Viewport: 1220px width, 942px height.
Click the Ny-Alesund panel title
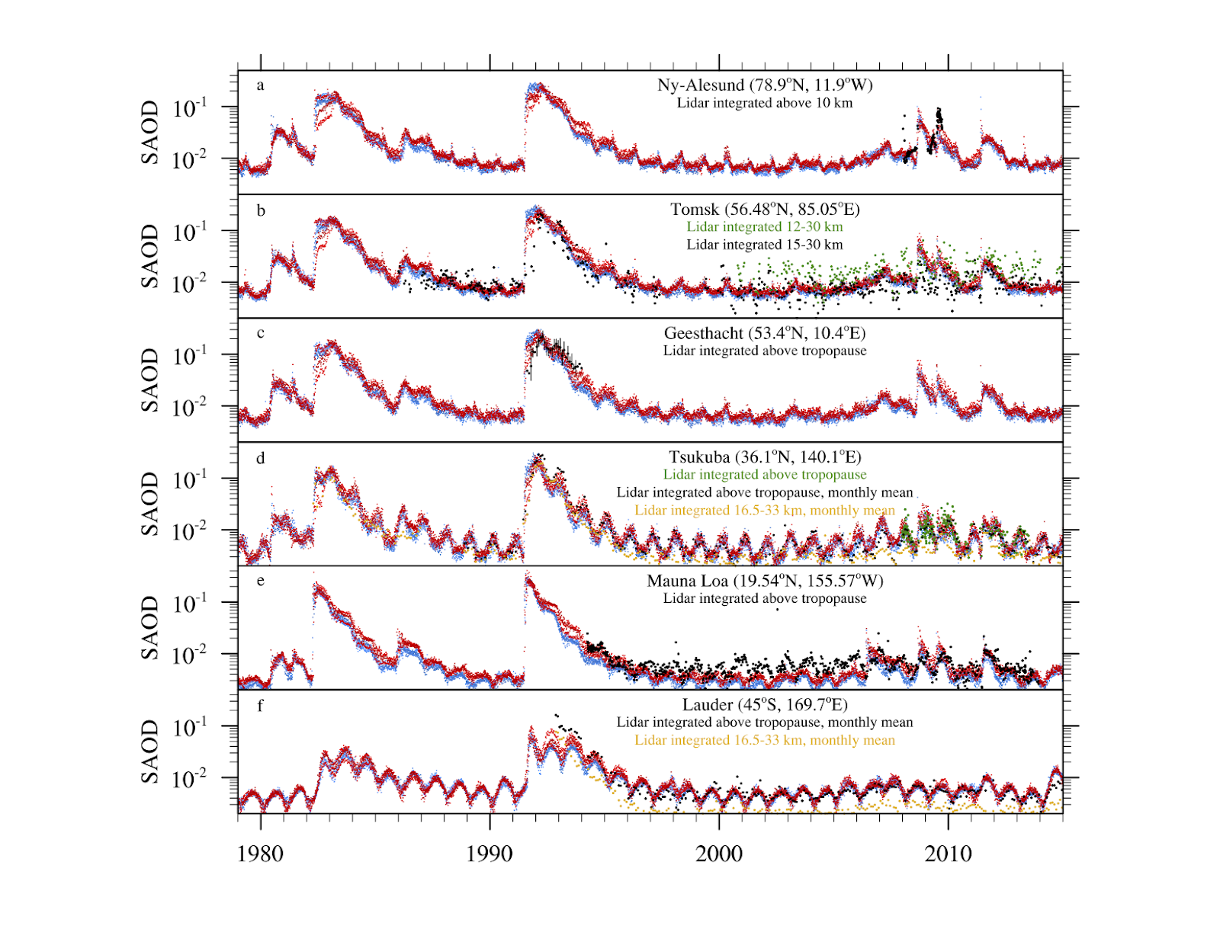pyautogui.click(x=765, y=85)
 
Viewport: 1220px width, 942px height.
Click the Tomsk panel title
pyautogui.click(x=765, y=210)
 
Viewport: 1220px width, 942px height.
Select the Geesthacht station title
pyautogui.click(x=765, y=334)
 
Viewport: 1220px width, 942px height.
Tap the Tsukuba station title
pyautogui.click(x=765, y=457)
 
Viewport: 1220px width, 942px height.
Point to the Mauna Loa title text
pyautogui.click(x=765, y=582)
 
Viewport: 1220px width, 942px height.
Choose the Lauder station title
pyautogui.click(x=765, y=705)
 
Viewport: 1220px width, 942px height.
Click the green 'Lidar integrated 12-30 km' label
pyautogui.click(x=765, y=227)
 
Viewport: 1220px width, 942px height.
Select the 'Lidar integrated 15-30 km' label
pyautogui.click(x=765, y=245)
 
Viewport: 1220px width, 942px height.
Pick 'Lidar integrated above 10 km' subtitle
pyautogui.click(x=765, y=103)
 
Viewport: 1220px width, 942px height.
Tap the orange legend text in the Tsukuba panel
pyautogui.click(x=765, y=511)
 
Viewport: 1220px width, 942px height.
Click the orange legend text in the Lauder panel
pyautogui.click(x=765, y=740)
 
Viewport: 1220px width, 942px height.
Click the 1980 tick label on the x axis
pyautogui.click(x=260, y=854)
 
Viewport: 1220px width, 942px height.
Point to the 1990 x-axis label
pyautogui.click(x=490, y=854)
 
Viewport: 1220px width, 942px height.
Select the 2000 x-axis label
pyautogui.click(x=719, y=854)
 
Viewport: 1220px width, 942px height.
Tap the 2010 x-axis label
pyautogui.click(x=949, y=854)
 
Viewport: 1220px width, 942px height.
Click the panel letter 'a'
pyautogui.click(x=261, y=85)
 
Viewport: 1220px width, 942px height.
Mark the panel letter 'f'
pyautogui.click(x=260, y=706)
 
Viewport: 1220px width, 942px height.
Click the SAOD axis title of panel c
pyautogui.click(x=150, y=380)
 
